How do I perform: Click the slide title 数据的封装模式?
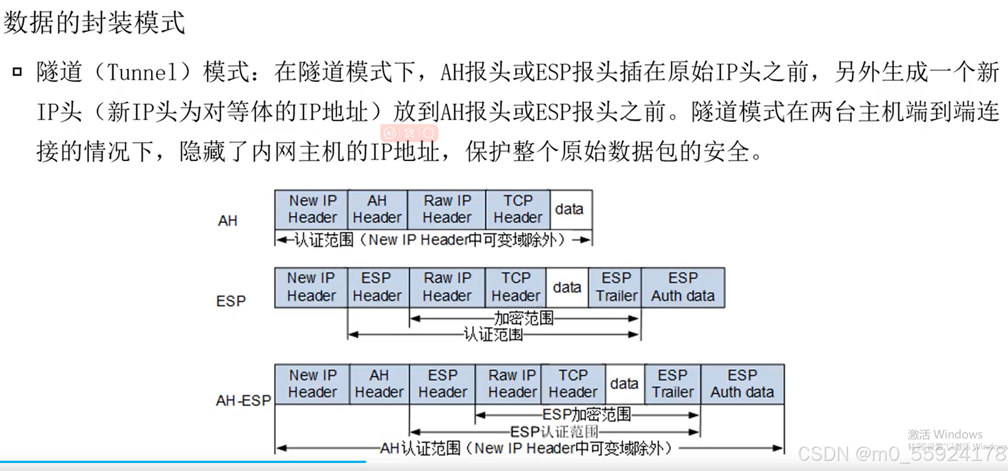[x=94, y=22]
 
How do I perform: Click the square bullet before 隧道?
[x=17, y=71]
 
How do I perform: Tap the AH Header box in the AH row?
[x=377, y=209]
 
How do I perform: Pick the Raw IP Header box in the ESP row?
[x=447, y=287]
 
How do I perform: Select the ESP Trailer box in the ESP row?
[x=615, y=287]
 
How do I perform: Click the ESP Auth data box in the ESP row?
[x=683, y=287]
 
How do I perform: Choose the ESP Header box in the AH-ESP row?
[x=442, y=384]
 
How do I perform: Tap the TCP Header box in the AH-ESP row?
[x=573, y=384]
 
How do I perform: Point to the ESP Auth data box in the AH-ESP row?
[x=742, y=384]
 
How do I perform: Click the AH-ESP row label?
[x=243, y=400]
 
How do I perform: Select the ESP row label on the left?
[x=231, y=301]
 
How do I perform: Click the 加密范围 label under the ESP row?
[x=523, y=318]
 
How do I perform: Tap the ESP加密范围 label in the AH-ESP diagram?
[x=586, y=415]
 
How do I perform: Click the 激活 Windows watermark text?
[x=945, y=434]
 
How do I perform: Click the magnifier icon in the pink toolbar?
[x=429, y=133]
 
